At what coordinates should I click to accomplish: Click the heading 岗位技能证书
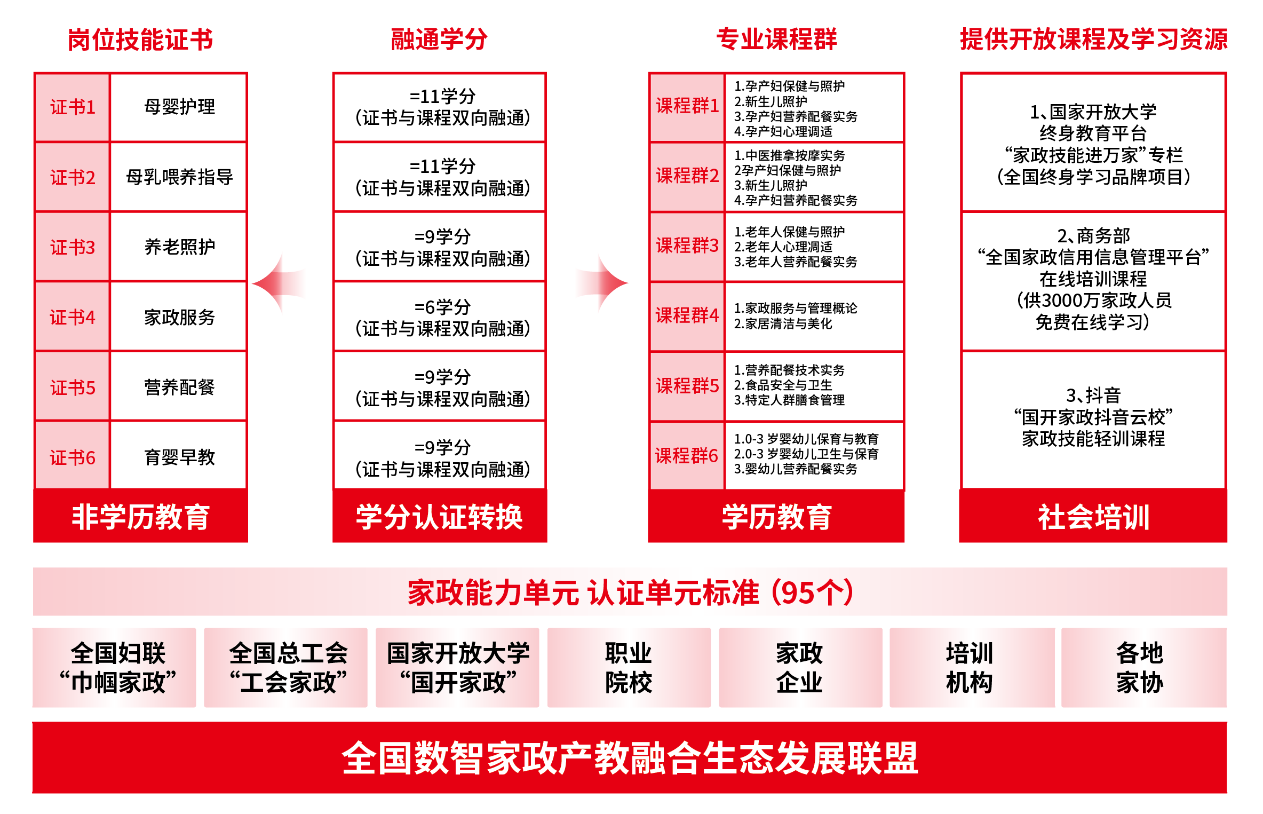(140, 39)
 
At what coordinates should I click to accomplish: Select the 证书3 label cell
(73, 247)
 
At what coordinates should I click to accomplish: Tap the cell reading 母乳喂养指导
(179, 177)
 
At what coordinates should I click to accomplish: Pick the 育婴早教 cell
(179, 456)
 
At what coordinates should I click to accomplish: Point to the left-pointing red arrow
(279, 283)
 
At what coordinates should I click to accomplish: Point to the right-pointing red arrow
(602, 283)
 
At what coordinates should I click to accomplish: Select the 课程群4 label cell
(687, 317)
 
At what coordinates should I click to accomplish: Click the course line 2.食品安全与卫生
(783, 385)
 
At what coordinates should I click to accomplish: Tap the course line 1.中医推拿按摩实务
(789, 155)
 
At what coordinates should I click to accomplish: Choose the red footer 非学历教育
(140, 516)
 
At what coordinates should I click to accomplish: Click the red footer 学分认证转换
(440, 516)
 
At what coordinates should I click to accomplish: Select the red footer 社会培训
(1093, 516)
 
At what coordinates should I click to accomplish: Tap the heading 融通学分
(439, 39)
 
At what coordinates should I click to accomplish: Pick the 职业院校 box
(629, 667)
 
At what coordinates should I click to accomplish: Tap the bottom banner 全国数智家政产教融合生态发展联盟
(630, 757)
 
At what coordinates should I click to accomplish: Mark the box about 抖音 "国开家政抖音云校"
(1093, 420)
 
